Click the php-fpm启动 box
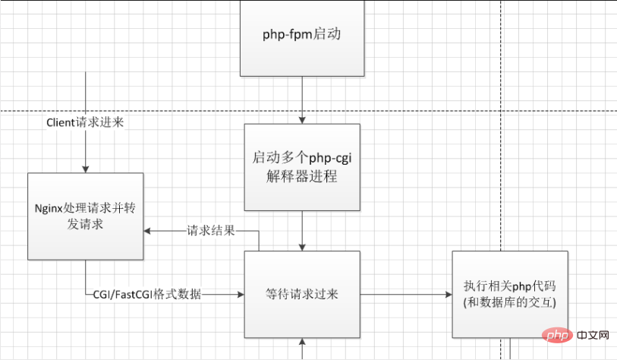point(302,36)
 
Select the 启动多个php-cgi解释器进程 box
point(302,168)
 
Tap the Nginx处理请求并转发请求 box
point(86,216)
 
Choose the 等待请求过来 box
point(302,295)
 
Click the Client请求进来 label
point(86,122)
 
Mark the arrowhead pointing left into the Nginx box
point(150,231)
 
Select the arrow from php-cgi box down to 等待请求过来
point(302,231)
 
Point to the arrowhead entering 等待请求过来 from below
point(302,343)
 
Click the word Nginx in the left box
point(49,209)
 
